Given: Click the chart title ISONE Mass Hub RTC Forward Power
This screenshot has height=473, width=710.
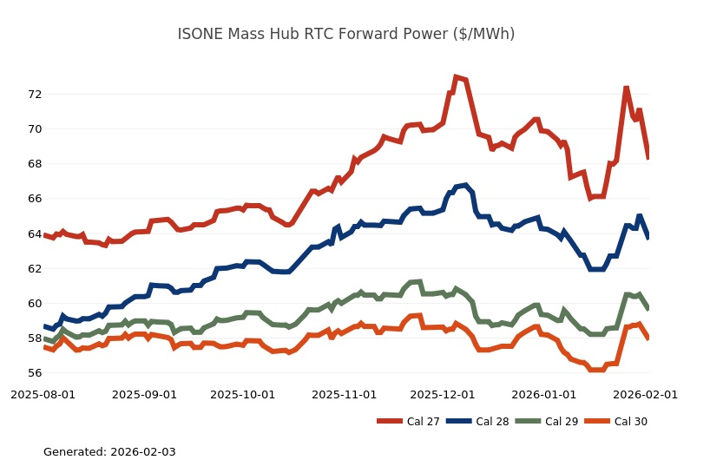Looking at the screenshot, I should point(346,34).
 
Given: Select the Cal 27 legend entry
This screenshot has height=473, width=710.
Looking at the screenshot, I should point(410,422).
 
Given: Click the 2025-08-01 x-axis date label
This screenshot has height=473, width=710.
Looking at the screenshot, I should point(43,394).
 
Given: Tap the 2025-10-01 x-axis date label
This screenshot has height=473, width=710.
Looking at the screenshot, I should point(243,394).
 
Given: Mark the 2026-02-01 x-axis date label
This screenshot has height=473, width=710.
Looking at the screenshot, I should point(646,394).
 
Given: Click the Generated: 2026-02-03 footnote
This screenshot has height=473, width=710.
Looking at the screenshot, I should point(109,452).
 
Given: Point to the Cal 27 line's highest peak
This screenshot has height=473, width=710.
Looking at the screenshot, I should point(456,77).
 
